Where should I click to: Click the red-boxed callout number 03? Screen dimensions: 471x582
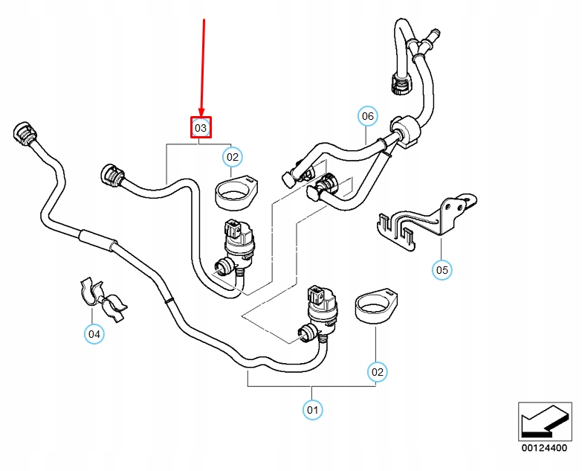(x=201, y=128)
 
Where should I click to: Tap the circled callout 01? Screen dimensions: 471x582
(x=312, y=408)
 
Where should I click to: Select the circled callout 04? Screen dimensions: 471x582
(x=94, y=334)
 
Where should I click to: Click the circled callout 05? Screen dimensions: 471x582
(x=442, y=269)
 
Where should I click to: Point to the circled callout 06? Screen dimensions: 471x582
(x=367, y=116)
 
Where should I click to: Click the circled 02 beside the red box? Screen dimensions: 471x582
(x=233, y=156)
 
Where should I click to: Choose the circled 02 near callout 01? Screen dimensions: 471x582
(x=378, y=371)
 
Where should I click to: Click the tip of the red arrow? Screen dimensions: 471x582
(x=201, y=115)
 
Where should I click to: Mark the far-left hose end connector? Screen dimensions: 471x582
(x=23, y=135)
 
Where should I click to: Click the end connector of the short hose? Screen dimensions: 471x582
(x=113, y=176)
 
